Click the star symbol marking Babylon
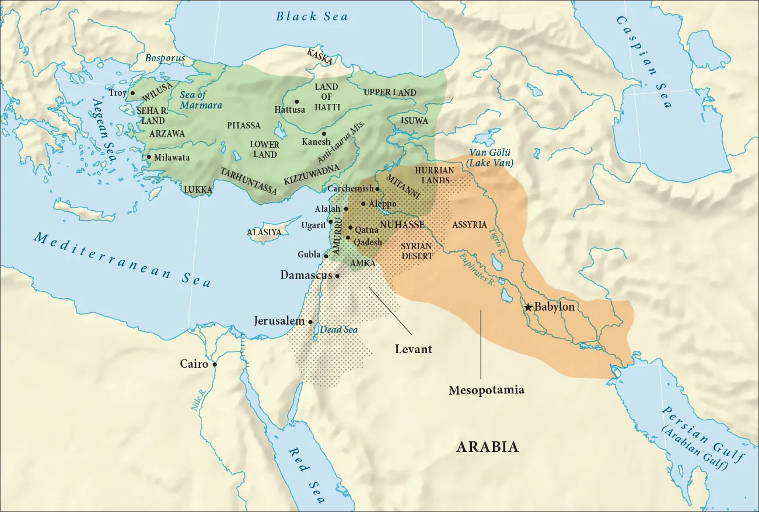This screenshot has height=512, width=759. tap(528, 307)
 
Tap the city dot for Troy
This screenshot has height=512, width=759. tap(132, 93)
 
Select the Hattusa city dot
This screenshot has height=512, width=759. tap(297, 101)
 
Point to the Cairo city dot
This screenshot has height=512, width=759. tap(215, 364)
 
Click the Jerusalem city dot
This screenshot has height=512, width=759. tap(310, 322)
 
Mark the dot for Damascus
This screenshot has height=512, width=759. tap(337, 276)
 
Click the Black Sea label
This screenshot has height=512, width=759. tap(312, 16)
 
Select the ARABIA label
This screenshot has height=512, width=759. tap(488, 447)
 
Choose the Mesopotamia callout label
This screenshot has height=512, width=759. tap(487, 390)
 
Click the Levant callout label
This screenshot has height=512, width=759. tap(413, 349)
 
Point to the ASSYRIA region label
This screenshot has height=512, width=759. tap(470, 224)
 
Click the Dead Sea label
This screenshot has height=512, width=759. tap(338, 330)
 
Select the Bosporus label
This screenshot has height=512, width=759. tap(165, 58)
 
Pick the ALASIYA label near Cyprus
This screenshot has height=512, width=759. tap(264, 232)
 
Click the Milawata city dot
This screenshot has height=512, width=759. tap(149, 157)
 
